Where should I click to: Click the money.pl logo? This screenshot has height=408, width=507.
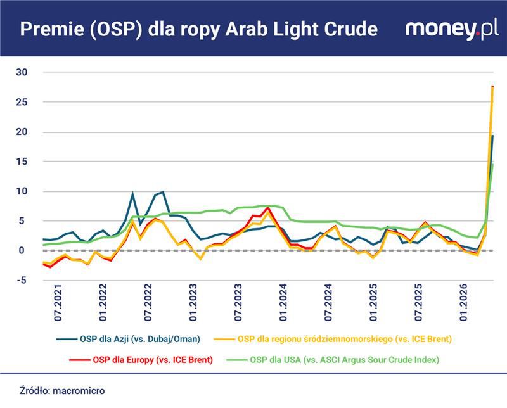pos(451,29)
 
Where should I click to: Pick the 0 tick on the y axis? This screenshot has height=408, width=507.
pos(23,251)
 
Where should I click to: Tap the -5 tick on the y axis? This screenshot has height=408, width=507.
pos(22,281)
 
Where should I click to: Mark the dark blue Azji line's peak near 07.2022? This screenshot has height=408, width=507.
pos(163,191)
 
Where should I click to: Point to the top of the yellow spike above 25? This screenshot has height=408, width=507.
pos(492,87)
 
